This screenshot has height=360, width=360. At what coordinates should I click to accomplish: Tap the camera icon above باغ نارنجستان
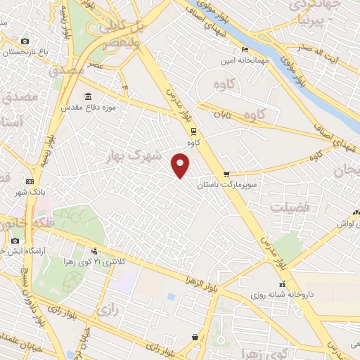coord(25,41)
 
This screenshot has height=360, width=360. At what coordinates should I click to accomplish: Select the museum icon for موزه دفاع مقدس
coord(88,96)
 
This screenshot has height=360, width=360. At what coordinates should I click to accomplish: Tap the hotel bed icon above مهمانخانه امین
coord(245,49)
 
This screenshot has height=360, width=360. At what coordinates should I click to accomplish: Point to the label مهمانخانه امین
coord(244,60)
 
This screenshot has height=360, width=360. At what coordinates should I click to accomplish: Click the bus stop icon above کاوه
coord(194,131)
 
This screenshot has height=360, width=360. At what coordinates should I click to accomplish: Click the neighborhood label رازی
coord(107,309)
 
